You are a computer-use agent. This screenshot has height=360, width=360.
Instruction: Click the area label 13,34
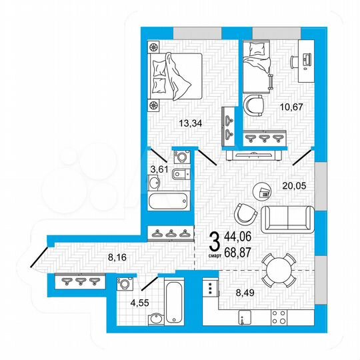click(x=191, y=123)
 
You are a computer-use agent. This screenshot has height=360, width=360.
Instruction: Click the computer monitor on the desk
click(x=305, y=59)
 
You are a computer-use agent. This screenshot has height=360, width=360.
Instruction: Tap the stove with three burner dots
click(x=211, y=289)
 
